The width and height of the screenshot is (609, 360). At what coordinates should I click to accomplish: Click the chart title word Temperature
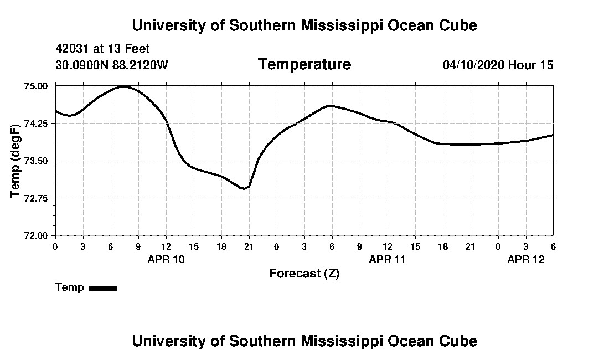click(304, 65)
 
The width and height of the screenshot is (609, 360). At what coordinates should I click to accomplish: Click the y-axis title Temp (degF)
click(16, 160)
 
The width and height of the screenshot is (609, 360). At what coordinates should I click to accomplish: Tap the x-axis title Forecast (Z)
click(304, 274)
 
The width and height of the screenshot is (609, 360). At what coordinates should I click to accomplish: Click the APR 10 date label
click(166, 259)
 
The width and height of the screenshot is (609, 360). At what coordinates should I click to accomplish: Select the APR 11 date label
click(388, 259)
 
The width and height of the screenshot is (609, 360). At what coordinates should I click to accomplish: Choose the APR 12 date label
click(526, 259)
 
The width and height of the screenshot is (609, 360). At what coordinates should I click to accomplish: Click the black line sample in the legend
click(104, 288)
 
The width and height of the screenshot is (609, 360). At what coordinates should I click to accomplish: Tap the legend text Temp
click(70, 287)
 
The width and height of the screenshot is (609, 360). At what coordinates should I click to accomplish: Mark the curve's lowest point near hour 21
click(244, 189)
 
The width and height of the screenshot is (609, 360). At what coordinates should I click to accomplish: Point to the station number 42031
click(71, 49)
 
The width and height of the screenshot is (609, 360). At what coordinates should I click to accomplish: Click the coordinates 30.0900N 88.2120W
click(112, 65)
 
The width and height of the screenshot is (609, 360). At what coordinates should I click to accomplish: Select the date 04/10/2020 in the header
click(473, 65)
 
